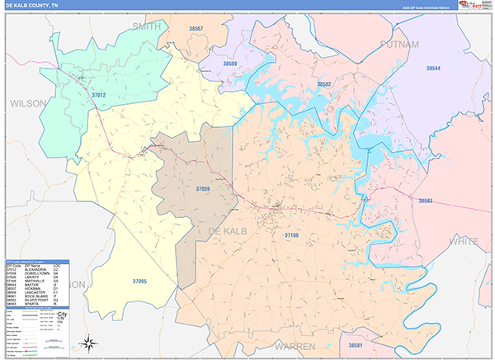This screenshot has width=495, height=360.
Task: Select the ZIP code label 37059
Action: pos(203,189)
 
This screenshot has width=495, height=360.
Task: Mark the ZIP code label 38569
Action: pos(229,64)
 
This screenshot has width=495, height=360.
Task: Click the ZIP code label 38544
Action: pos(433,68)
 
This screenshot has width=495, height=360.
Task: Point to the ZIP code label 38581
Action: pos(356,344)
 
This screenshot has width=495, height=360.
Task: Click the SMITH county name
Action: pos(147,26)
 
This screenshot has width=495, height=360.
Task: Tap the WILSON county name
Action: pos(29,104)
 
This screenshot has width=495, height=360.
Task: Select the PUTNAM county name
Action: pos(400,43)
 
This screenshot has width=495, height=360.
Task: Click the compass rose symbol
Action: pos(90,343)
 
